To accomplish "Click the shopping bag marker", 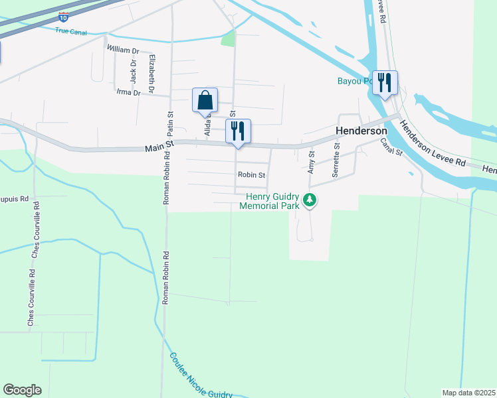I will click(x=205, y=101).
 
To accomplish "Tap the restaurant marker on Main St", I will click(x=238, y=131).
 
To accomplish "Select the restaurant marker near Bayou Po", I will click(x=385, y=83).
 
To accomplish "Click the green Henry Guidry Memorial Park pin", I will click(x=309, y=200).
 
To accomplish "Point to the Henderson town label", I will click(x=361, y=131).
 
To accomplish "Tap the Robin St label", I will click(x=252, y=175).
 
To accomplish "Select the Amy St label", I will click(x=311, y=162).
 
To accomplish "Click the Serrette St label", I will click(x=336, y=159).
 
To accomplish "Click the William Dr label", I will click(x=122, y=50).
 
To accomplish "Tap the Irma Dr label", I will click(x=128, y=93).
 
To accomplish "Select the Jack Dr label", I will click(x=133, y=72).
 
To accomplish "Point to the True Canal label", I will click(x=72, y=31).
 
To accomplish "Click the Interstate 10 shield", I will click(x=62, y=16).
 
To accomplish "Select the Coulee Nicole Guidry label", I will click(x=200, y=375).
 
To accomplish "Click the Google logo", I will click(x=22, y=390).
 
